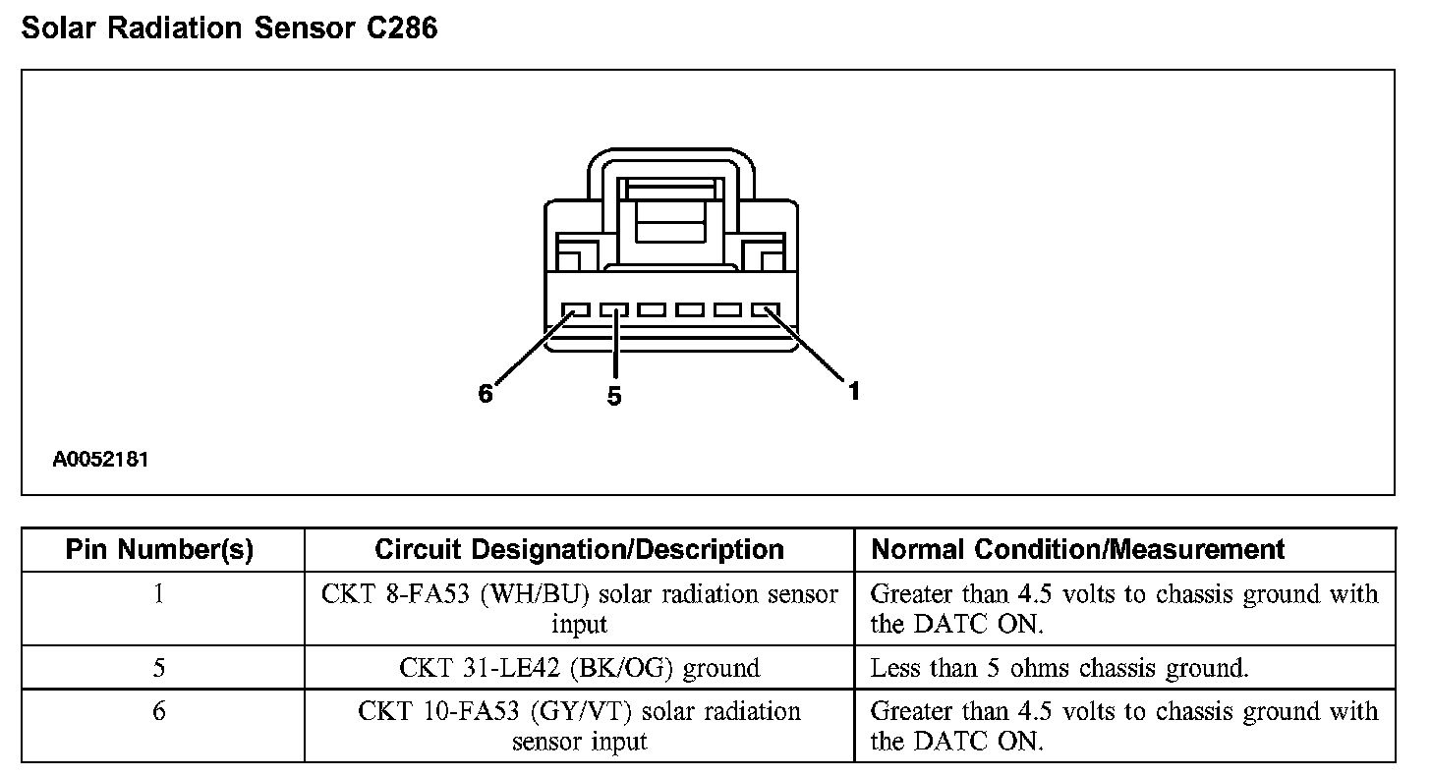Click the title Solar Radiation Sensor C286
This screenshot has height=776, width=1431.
[x=229, y=28]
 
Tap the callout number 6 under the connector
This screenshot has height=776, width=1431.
[x=485, y=394]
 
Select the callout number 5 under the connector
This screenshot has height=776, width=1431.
[x=614, y=396]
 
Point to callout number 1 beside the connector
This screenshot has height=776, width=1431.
[x=854, y=391]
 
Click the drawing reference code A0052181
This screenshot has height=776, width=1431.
[x=101, y=459]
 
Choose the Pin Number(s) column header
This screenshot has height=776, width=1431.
[x=159, y=550]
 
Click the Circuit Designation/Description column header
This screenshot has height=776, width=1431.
[x=579, y=550]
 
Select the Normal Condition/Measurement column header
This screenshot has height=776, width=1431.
[x=1078, y=550]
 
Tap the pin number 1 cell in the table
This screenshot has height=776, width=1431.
[x=159, y=595]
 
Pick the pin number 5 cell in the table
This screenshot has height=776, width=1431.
[x=159, y=669]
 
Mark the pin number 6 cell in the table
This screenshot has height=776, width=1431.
[x=159, y=711]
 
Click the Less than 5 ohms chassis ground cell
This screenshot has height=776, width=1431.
[x=1059, y=669]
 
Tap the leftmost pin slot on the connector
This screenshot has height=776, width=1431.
[x=575, y=310]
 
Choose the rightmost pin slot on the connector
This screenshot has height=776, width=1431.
[x=766, y=310]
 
